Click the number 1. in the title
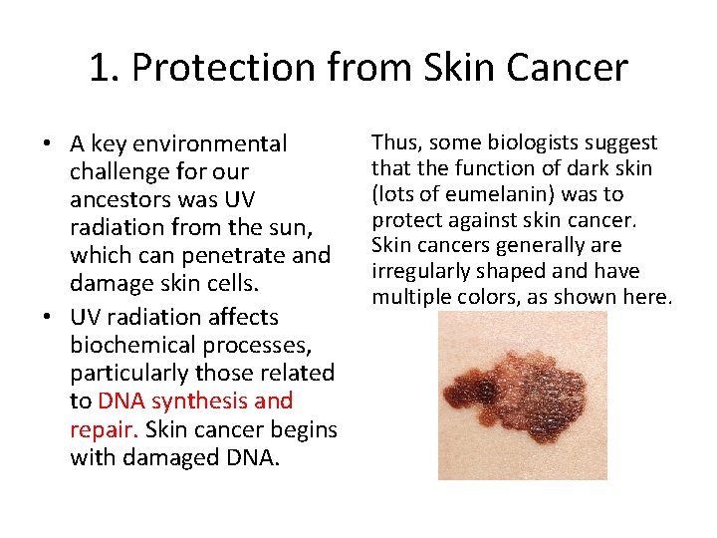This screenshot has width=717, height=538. [104, 68]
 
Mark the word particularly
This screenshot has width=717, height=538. [129, 373]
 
